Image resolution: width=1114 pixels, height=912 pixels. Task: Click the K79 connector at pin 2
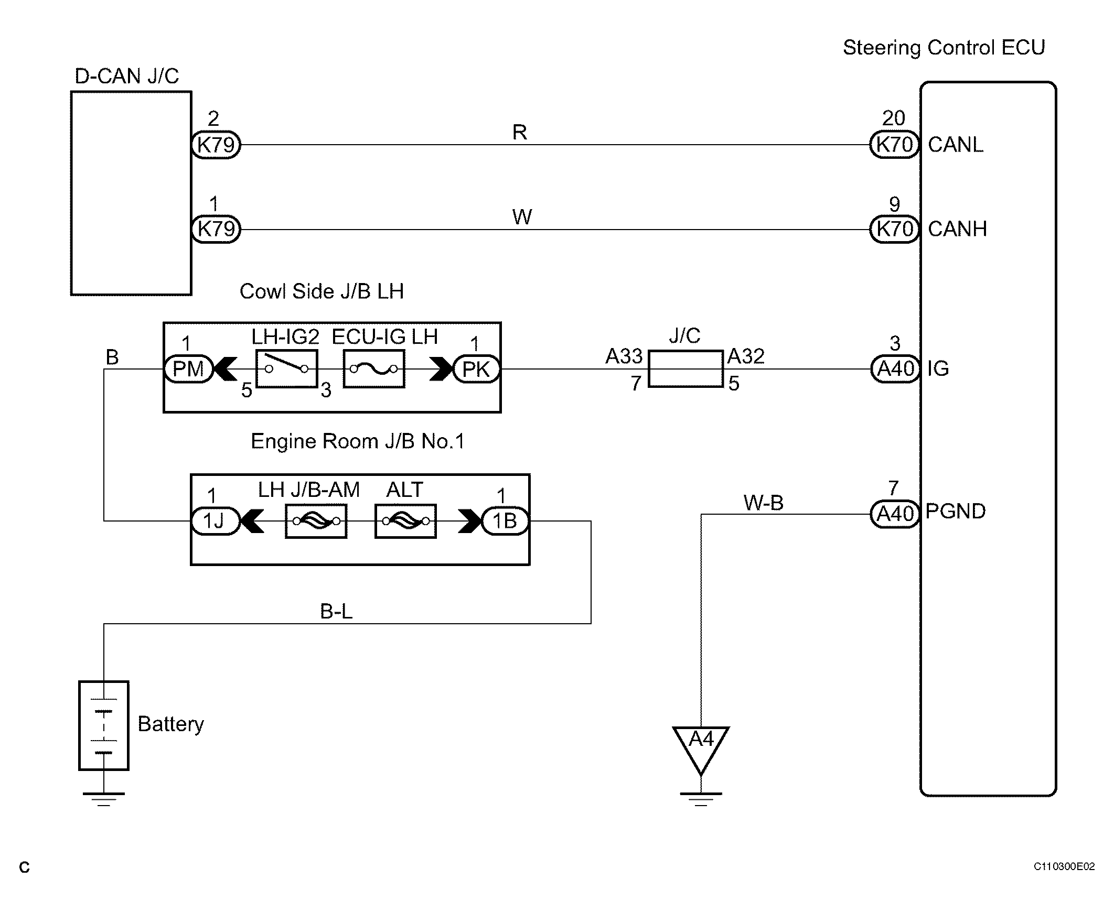coord(216,145)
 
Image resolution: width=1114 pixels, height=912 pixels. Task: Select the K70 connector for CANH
coord(894,229)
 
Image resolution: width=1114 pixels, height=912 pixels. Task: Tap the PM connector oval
coord(188,369)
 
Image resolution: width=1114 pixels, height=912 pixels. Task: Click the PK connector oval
coord(476,370)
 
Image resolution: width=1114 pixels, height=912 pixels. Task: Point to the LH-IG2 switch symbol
coord(287,369)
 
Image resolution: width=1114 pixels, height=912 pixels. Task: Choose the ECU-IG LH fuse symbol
coord(374,369)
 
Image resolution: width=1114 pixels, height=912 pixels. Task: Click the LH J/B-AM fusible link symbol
coord(316,521)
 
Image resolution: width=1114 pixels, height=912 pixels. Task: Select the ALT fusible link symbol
coord(405,521)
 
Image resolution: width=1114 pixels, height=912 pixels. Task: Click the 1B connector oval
coord(505,521)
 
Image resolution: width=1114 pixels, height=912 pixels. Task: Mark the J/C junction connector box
coord(686,369)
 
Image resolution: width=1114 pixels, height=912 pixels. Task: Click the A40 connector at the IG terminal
coord(895,369)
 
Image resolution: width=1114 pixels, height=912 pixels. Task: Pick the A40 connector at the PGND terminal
coord(895,514)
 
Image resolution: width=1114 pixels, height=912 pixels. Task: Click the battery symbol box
coord(103,725)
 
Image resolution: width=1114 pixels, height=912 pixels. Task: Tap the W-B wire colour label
coord(763,503)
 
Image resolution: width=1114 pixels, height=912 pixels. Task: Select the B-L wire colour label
coord(337,612)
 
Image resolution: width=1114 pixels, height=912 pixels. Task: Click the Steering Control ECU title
coord(944,48)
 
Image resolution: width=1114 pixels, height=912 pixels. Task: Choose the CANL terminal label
coord(956,145)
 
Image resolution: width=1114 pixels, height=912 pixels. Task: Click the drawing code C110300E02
coord(1064,866)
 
